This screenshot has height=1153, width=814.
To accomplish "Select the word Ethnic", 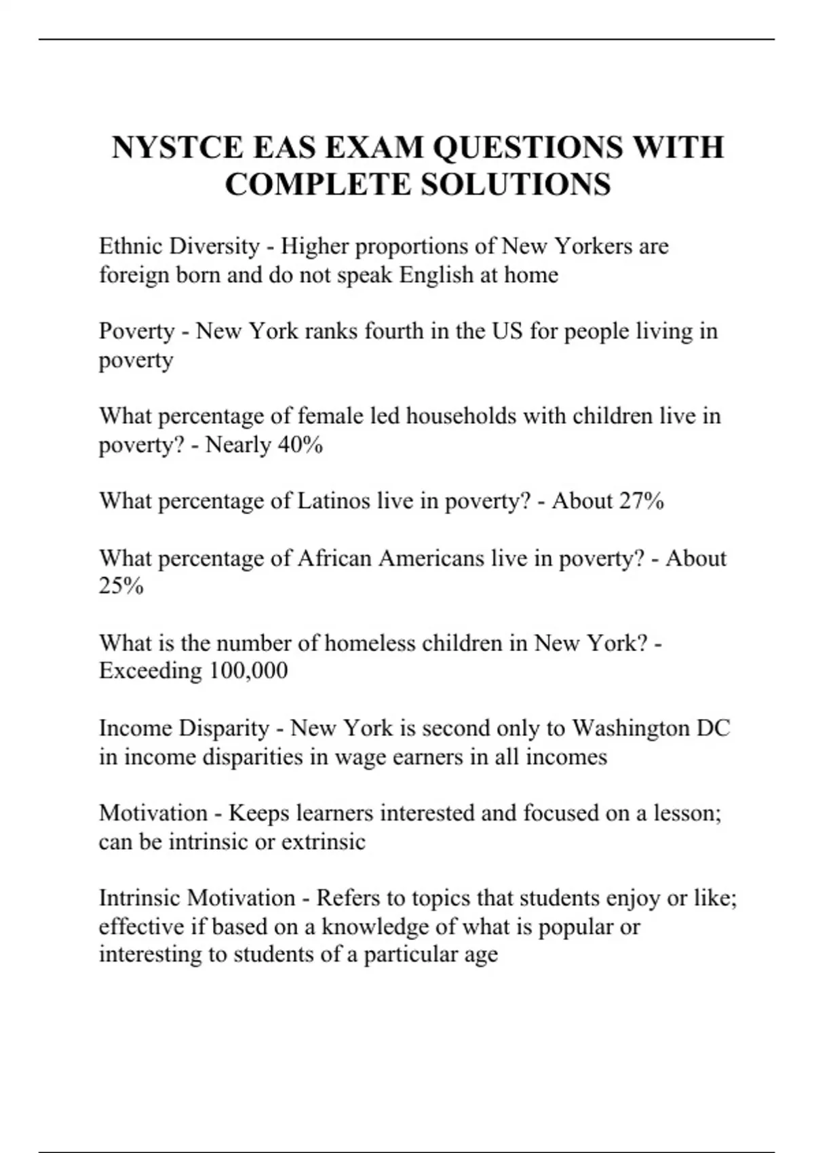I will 130,246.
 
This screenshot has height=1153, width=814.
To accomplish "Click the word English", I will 436,275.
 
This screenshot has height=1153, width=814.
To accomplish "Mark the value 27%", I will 642,501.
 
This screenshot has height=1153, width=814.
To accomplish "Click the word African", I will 334,558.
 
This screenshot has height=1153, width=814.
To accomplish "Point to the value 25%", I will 121,586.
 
